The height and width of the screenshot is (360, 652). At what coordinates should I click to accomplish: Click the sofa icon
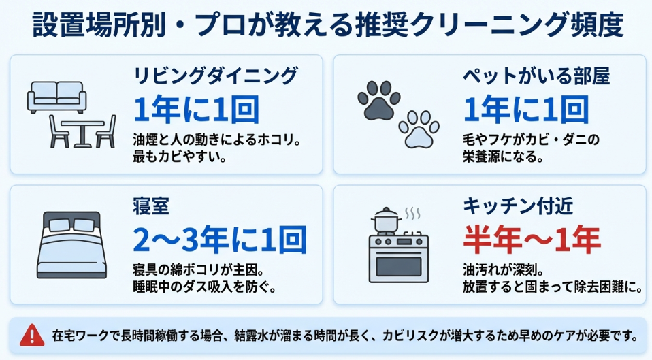(x=58, y=97)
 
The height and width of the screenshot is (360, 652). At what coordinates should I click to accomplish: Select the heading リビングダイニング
(x=216, y=74)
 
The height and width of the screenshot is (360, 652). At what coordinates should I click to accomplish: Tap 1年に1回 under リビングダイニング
(x=197, y=108)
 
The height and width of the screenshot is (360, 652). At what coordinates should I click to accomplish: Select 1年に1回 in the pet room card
(x=526, y=108)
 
